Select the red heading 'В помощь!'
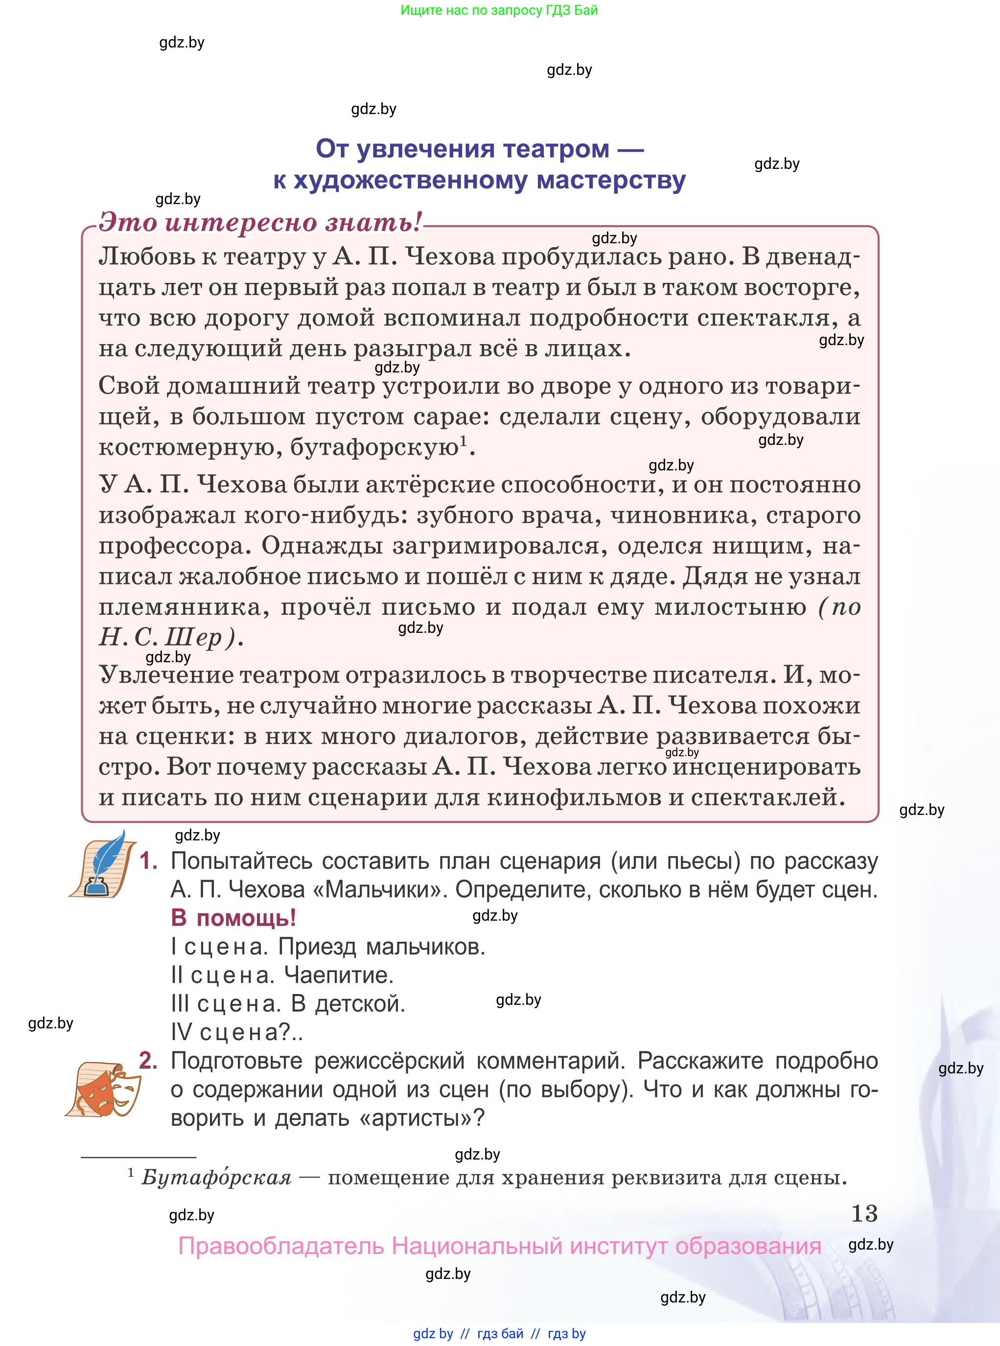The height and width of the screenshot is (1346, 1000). pos(233,918)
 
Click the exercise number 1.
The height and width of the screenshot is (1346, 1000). pos(148,860)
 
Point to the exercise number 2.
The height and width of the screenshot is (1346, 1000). pos(148,1060)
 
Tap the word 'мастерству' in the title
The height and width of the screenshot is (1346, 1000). pos(611,180)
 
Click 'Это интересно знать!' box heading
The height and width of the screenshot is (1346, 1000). pos(260,222)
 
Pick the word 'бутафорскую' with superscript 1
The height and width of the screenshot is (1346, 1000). pos(374,447)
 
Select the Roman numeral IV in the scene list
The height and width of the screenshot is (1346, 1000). pos(181,1032)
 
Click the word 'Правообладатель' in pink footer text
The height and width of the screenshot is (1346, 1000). pos(281,1246)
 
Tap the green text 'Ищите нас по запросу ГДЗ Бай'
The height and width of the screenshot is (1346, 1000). pos(499,10)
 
